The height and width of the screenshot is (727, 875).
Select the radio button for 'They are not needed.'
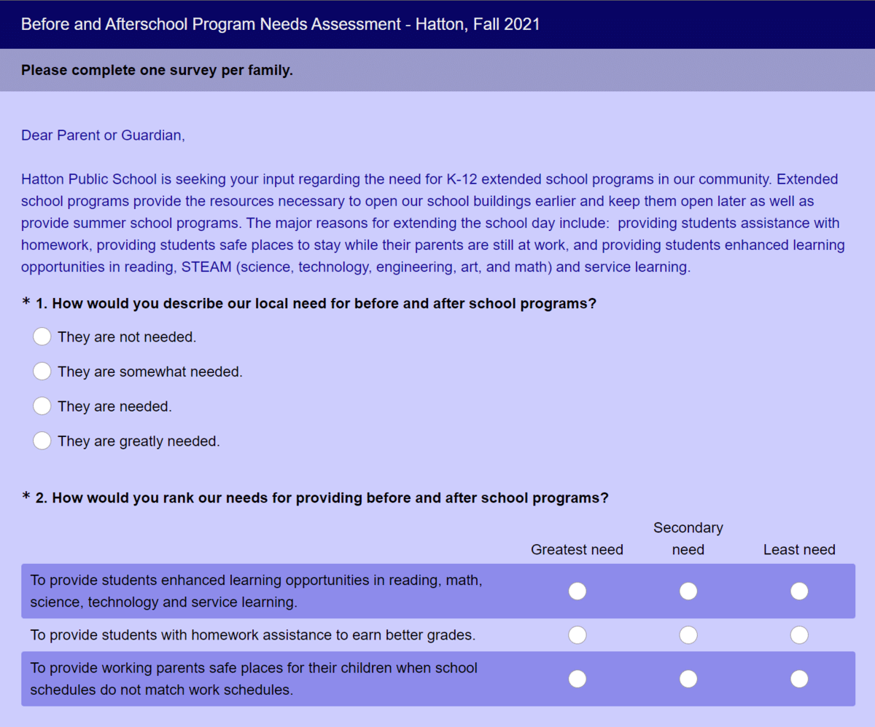42,337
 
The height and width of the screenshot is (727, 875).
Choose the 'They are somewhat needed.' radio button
42,372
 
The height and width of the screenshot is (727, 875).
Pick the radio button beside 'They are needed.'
42,406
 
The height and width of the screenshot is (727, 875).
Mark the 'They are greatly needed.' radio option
42,441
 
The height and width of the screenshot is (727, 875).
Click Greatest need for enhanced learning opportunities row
577,591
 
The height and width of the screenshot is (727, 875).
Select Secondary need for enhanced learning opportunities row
688,591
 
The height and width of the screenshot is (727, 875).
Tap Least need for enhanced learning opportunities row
799,591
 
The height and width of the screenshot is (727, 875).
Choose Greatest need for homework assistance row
577,635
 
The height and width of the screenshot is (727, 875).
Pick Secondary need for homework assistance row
688,635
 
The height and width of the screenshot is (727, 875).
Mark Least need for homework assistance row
799,635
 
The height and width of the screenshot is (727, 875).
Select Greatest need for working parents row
577,679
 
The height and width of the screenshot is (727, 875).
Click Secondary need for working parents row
688,679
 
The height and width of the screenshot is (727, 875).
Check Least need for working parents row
799,679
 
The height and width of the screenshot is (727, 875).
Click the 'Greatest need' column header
577,550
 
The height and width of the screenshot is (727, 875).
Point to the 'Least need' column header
799,550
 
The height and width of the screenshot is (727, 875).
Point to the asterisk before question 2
26,498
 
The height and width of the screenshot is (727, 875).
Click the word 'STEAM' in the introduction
204,267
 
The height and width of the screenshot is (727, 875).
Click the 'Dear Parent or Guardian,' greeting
103,135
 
